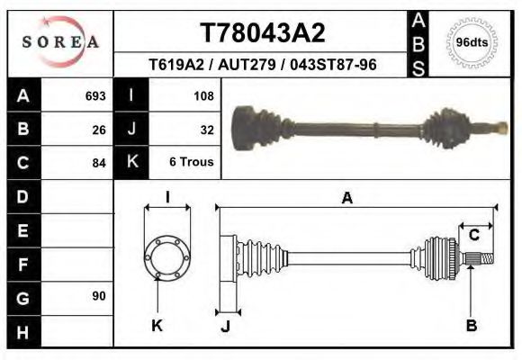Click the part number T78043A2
261,33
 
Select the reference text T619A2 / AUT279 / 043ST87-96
262,65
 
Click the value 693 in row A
95,95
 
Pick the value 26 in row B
99,130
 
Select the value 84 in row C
99,163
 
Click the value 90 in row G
99,296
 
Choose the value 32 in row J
206,130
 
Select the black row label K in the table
131,162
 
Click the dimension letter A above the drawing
346,199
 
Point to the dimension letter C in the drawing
473,236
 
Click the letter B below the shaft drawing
471,326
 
